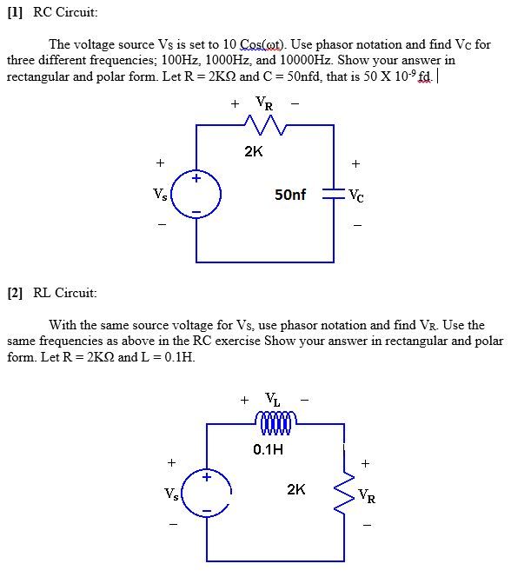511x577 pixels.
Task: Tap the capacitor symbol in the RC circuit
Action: [x=334, y=194]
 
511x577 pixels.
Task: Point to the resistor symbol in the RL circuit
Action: [x=345, y=492]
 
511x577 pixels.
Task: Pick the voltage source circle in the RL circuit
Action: [x=207, y=493]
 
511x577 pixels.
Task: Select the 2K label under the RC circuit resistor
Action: [x=253, y=151]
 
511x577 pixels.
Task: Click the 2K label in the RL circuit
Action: [x=296, y=490]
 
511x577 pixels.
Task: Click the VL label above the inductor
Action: [x=273, y=401]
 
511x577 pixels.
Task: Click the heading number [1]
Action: [x=16, y=12]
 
